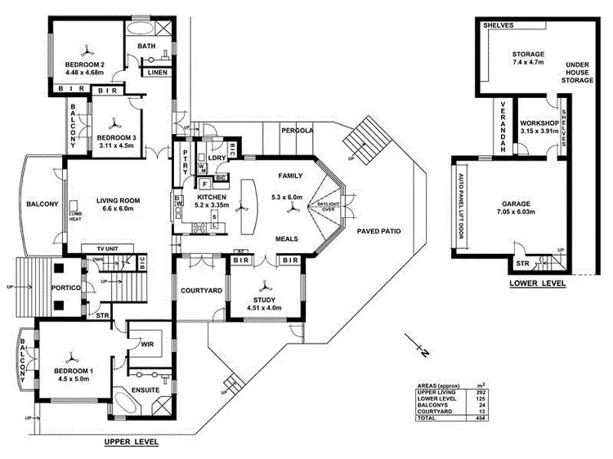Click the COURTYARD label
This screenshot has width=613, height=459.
point(196,291)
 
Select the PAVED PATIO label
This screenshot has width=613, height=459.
point(378,231)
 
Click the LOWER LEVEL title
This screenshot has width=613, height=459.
point(537,284)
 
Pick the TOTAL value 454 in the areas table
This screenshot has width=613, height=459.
point(468,417)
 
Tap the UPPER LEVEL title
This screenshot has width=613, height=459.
point(131,441)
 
